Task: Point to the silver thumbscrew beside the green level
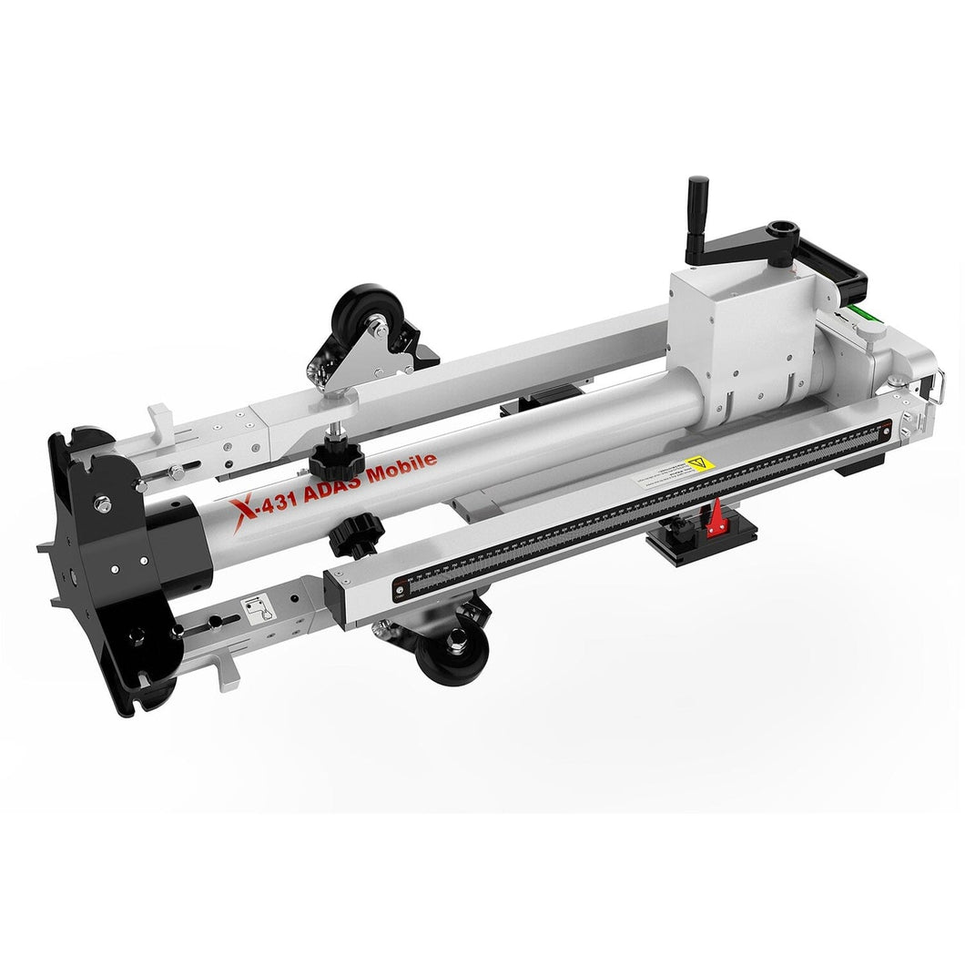(x=871, y=339)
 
